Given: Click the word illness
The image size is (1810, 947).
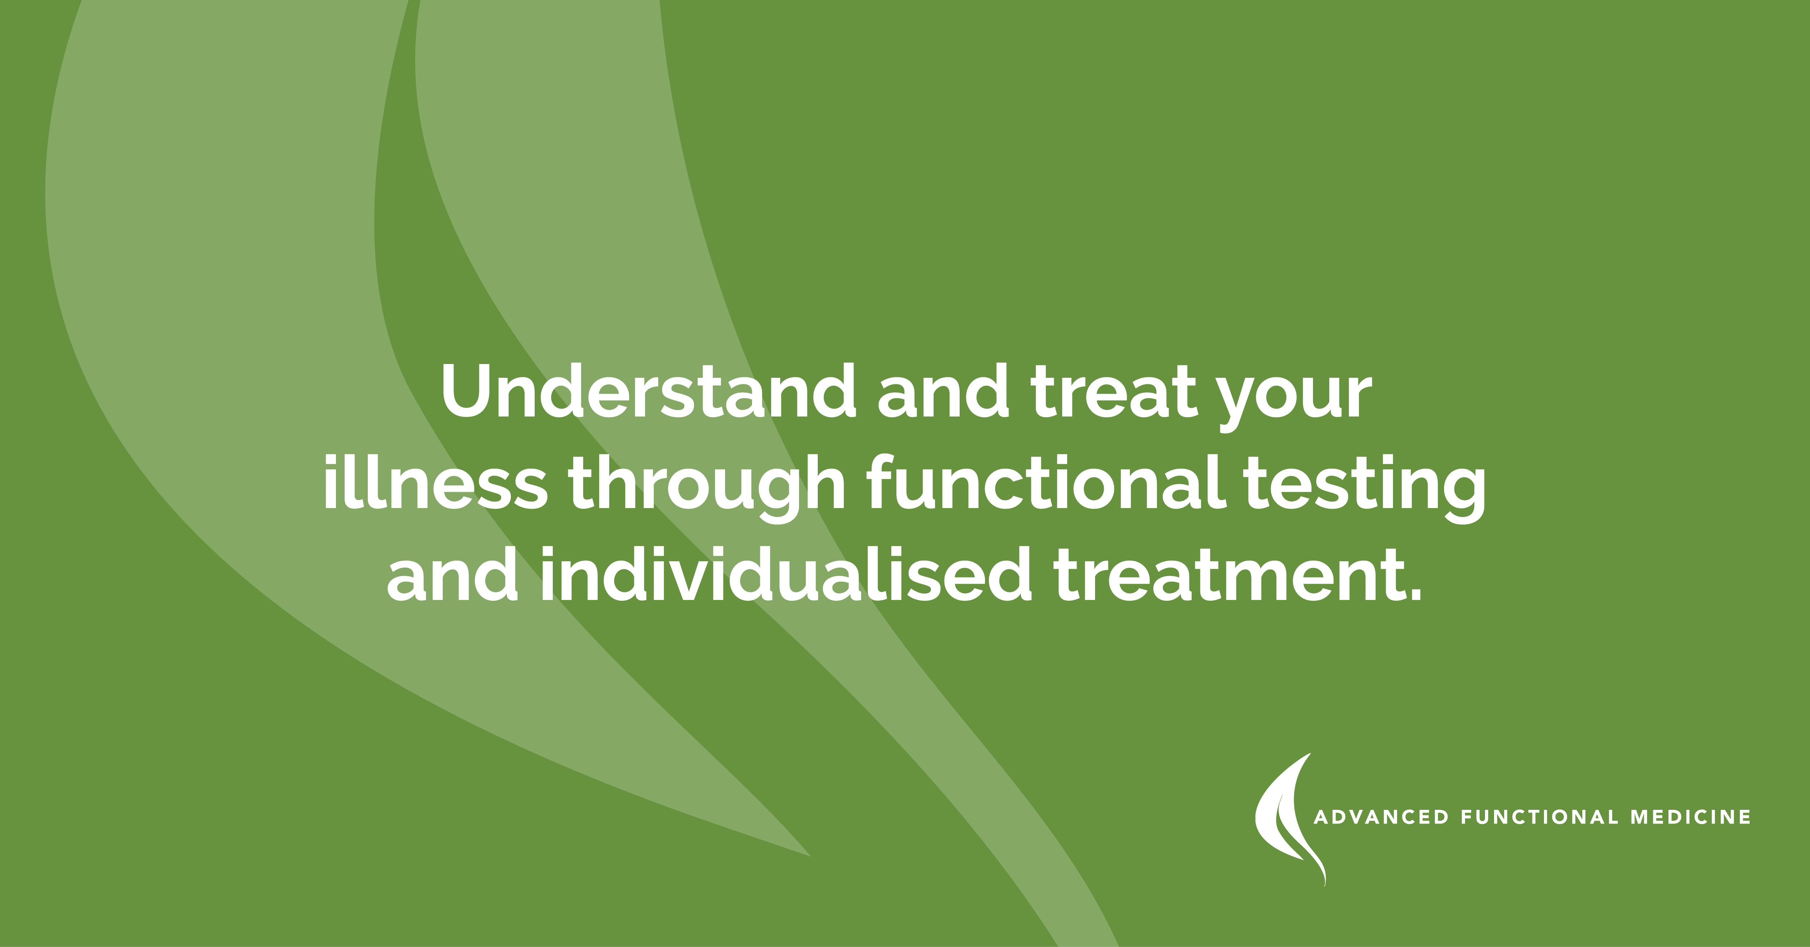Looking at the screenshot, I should (x=434, y=485).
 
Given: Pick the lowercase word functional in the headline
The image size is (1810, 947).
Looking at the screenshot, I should (x=1047, y=485).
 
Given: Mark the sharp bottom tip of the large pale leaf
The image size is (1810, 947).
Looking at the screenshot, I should (x=808, y=854).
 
